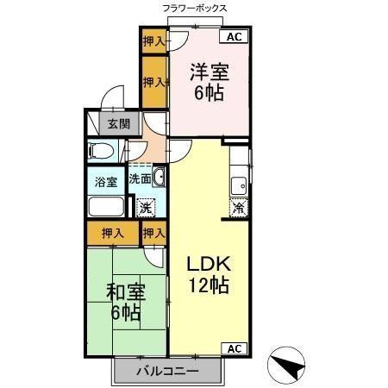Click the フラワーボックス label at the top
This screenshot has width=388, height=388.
click(x=194, y=8)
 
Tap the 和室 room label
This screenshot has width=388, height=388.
click(x=125, y=291)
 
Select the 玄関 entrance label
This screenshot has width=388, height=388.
click(x=118, y=123)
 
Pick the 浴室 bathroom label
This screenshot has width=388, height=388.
click(x=105, y=183)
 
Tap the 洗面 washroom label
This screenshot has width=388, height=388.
click(x=140, y=179)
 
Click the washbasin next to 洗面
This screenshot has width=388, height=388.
click(x=158, y=178)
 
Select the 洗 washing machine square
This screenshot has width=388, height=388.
click(x=147, y=207)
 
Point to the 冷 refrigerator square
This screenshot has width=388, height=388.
click(x=239, y=207)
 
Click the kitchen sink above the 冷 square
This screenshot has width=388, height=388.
click(x=239, y=184)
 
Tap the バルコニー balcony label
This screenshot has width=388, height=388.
click(x=169, y=372)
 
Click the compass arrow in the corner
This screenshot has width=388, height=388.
click(x=287, y=366)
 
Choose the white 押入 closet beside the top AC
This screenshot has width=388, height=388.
click(x=153, y=41)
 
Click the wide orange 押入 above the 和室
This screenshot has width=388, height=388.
click(x=112, y=232)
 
